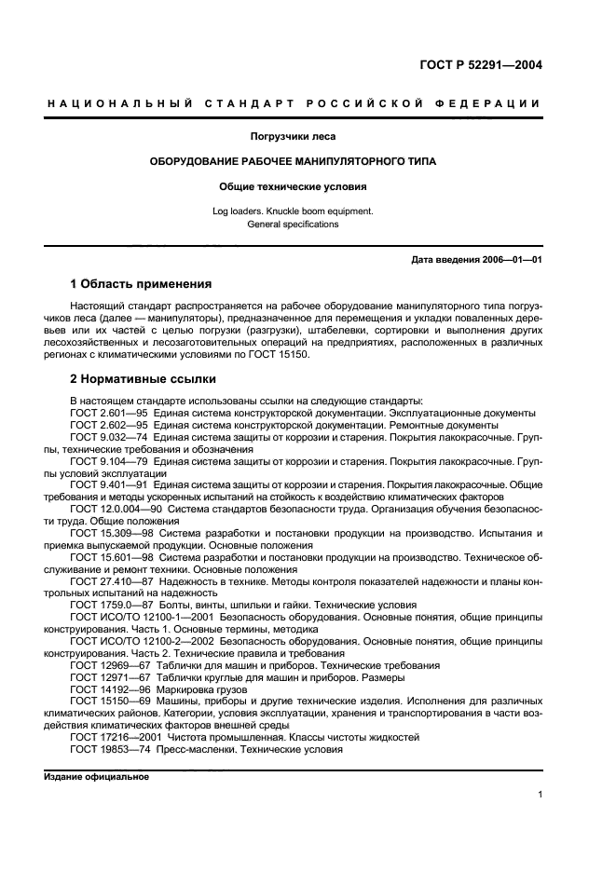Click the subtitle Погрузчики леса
(294, 137)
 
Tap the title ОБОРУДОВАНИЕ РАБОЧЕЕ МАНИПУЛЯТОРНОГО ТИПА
(294, 161)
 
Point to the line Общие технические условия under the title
(294, 185)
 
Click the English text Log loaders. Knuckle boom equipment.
(294, 211)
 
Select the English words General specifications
(294, 225)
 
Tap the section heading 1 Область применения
(141, 283)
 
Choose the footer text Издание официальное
(96, 776)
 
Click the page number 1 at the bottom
(540, 795)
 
